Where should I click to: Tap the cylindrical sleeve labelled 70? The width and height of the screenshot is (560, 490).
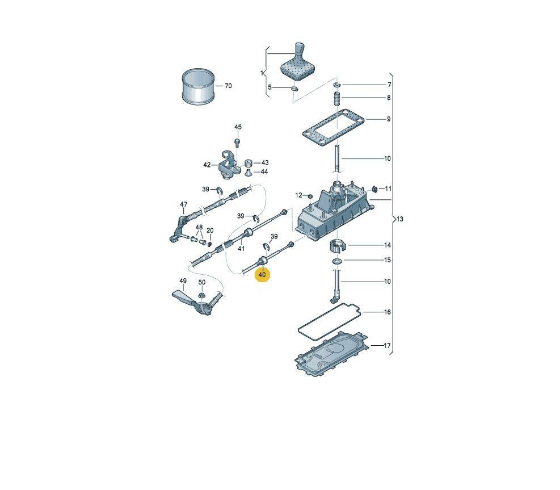tap(198, 86)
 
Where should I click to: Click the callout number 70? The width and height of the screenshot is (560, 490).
tap(228, 86)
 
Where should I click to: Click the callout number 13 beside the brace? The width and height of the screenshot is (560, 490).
tap(399, 219)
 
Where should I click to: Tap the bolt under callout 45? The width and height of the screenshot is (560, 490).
tap(237, 143)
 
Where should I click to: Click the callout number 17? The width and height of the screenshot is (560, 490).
tap(387, 346)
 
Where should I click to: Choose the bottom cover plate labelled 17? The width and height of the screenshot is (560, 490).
tap(332, 352)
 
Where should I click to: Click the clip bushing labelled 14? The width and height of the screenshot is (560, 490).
tap(337, 245)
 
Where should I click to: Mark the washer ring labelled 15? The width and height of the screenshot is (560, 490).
tap(336, 261)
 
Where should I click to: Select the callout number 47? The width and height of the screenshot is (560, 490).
tap(183, 204)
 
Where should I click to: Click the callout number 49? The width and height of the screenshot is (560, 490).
tap(183, 281)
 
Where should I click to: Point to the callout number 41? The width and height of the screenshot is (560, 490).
tap(241, 248)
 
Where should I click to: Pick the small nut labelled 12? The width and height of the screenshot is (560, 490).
tap(310, 196)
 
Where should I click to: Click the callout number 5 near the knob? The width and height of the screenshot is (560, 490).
tap(270, 87)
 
